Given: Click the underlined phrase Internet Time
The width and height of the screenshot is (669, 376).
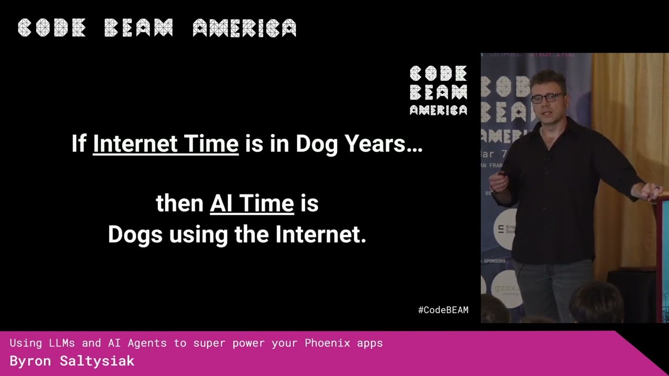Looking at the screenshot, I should coord(166,144).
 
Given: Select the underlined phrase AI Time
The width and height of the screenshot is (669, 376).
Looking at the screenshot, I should coord(251,203).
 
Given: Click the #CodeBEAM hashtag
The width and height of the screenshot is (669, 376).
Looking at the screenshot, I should coord(443,310).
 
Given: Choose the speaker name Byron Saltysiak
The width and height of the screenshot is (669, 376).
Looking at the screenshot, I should coord(72,361).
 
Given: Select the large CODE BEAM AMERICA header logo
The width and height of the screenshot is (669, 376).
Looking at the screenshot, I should coord(157,28).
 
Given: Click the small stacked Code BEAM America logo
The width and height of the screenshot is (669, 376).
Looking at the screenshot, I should coord(438,90).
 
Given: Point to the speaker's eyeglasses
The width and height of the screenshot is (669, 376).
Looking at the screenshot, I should coord(546,98).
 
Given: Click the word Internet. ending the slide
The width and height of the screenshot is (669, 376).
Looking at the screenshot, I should coord(321,234).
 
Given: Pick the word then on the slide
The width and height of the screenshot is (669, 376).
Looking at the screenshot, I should coord(179,203).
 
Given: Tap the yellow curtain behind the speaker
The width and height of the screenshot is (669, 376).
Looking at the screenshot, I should coord(627,131).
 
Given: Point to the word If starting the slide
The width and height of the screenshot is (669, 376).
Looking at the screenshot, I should coord(78,144).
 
